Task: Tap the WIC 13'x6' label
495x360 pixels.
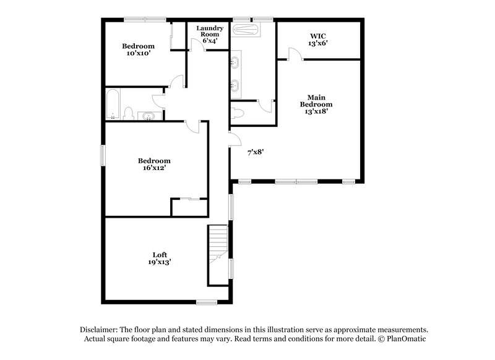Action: click(317, 40)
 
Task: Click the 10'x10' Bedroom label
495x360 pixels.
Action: click(138, 49)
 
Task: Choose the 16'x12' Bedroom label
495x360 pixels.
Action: click(154, 164)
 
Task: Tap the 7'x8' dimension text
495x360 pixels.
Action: click(256, 152)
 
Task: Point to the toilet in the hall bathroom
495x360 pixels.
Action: click(129, 113)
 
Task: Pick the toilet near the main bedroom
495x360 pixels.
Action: click(236, 113)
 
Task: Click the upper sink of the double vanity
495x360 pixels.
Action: click(236, 61)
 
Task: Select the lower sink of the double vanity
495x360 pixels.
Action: click(236, 84)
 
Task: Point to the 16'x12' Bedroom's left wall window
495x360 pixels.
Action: click(103, 154)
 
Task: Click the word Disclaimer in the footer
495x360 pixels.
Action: click(99, 330)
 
